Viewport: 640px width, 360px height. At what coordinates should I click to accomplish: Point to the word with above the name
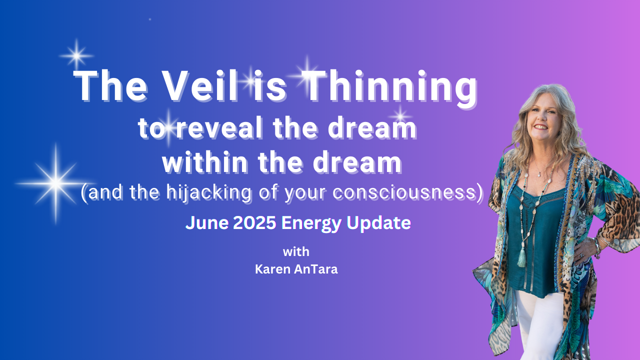pyautogui.click(x=296, y=251)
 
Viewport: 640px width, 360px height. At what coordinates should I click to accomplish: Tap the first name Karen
pyautogui.click(x=272, y=269)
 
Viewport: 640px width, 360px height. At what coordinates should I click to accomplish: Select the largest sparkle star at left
pyautogui.click(x=56, y=183)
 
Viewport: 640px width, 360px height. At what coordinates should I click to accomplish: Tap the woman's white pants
pyautogui.click(x=537, y=325)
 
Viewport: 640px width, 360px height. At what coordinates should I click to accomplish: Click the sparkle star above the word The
pyautogui.click(x=76, y=55)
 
